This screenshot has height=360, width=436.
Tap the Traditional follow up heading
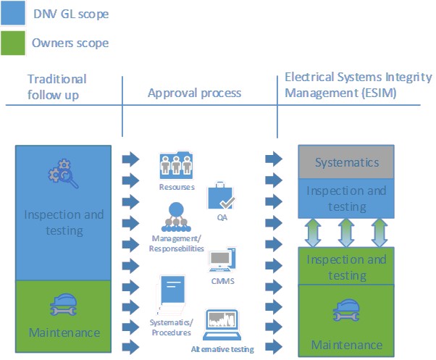click(56, 86)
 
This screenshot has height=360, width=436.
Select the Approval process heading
click(194, 93)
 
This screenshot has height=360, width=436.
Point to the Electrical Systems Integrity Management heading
click(358, 85)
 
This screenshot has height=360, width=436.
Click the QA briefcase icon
click(220, 196)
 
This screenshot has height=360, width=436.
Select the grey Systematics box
click(346, 162)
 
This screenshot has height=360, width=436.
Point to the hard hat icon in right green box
click(347, 312)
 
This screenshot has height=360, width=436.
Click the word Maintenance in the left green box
click(63, 332)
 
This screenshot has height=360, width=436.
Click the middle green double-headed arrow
click(346, 232)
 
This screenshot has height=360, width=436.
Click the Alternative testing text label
click(223, 350)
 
